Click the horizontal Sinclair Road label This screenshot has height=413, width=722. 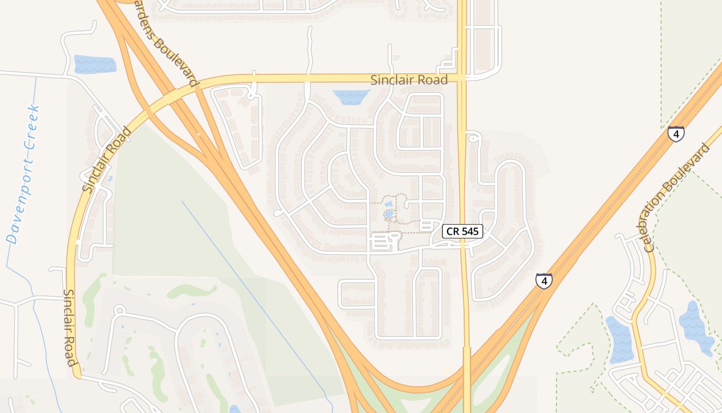click(x=409, y=80)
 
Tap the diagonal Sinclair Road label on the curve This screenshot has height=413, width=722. click(x=106, y=161)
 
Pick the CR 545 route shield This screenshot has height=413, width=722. click(x=463, y=231)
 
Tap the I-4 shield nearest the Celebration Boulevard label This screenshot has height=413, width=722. click(x=676, y=134)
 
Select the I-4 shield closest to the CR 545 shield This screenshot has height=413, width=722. click(x=544, y=281)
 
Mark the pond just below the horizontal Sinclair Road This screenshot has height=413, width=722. click(x=351, y=97)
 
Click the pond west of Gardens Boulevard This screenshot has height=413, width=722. click(x=95, y=64)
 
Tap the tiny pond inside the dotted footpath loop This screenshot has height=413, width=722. click(x=389, y=213)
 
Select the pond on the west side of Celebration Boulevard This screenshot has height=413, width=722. click(x=620, y=339)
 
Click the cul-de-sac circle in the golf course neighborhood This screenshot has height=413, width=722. click(x=120, y=310)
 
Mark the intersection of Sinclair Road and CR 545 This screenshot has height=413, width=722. click(x=463, y=78)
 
